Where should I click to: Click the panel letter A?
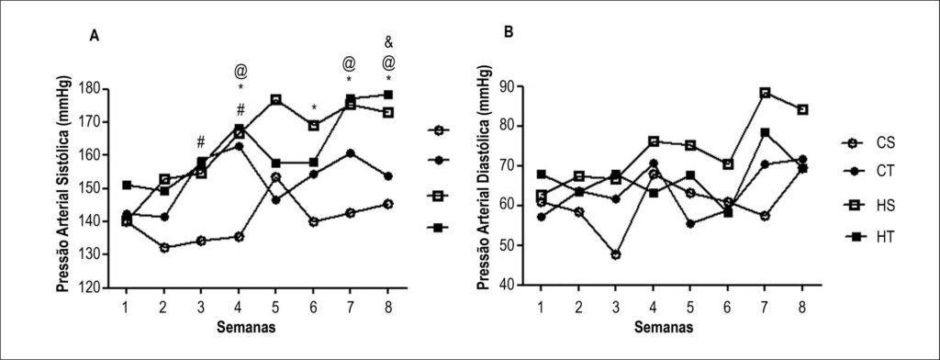[x=95, y=36]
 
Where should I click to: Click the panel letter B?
[x=509, y=33]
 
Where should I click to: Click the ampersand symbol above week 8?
[x=388, y=42]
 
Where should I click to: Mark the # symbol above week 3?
[x=201, y=142]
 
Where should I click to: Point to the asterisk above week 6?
[x=314, y=108]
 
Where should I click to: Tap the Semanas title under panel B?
[x=665, y=328]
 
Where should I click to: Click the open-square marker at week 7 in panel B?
[x=765, y=93]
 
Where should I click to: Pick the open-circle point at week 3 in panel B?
[x=616, y=254]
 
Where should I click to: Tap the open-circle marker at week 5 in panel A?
[x=275, y=177]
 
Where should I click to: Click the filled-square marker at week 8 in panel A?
[x=388, y=95]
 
